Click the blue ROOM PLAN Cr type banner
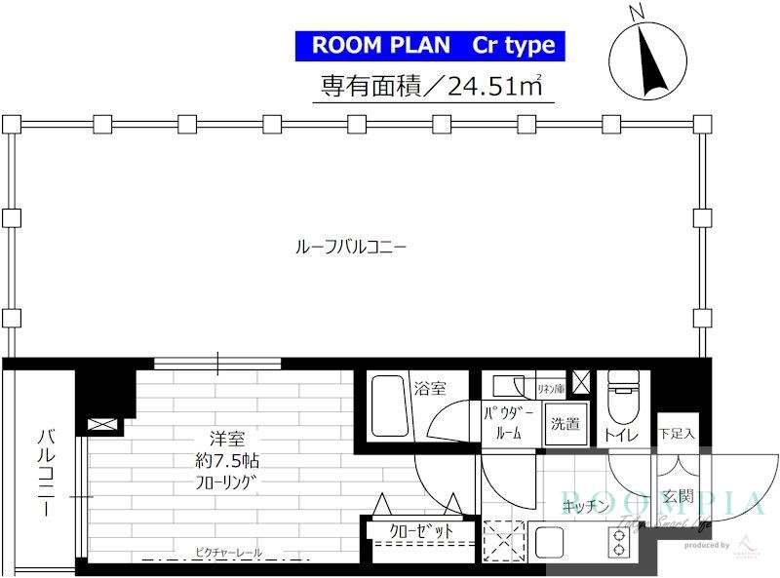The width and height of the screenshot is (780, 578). (430, 45)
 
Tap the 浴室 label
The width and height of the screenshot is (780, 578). (430, 387)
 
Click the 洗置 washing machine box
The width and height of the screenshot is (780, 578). (565, 424)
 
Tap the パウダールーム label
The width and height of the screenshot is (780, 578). (503, 424)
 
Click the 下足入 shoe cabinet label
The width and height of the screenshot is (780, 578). (676, 434)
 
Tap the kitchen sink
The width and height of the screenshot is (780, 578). (552, 541)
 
